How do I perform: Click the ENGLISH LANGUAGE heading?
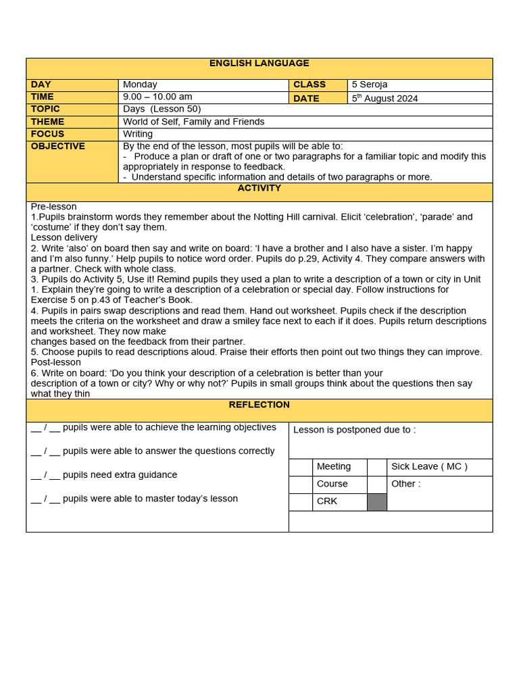[259, 64]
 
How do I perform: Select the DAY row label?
[41, 84]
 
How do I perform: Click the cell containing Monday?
[141, 84]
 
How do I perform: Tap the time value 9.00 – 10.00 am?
[157, 97]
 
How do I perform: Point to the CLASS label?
[310, 84]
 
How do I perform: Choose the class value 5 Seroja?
[370, 84]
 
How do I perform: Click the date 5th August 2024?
[385, 98]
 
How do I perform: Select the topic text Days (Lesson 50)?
[162, 109]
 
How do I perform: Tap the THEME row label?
[47, 122]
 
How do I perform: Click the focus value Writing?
[138, 134]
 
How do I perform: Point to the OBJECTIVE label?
[58, 146]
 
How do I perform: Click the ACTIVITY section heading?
[259, 189]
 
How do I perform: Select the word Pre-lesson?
[53, 207]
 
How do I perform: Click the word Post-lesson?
[56, 362]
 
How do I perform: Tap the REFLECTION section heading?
[259, 405]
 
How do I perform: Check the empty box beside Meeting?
[301, 467]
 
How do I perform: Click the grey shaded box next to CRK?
[377, 502]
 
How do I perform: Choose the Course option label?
[332, 484]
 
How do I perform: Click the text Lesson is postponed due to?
[354, 430]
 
